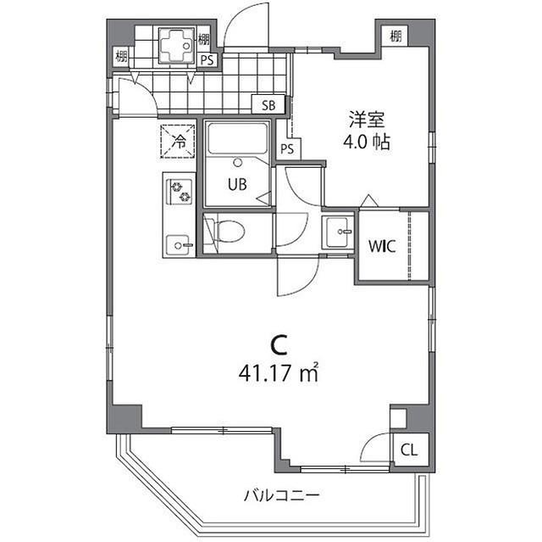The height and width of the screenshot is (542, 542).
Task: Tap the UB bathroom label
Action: [x=236, y=185]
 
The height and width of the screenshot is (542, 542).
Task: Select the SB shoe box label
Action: [x=268, y=105]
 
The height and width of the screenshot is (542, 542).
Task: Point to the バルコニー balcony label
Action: [x=281, y=494]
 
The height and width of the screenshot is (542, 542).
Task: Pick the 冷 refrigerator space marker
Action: [x=178, y=142]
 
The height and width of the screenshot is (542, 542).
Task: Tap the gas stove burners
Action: [x=180, y=193]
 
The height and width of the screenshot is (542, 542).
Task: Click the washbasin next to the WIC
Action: [x=338, y=230]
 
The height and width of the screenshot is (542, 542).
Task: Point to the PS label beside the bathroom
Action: [x=288, y=148]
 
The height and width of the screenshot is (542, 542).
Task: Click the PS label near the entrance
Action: [x=207, y=60]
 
